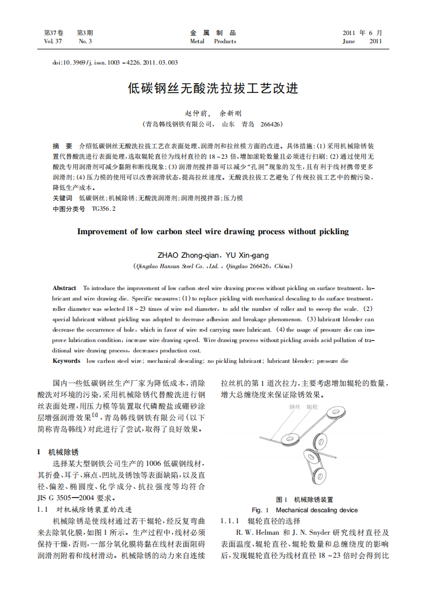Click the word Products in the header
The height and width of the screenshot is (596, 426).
pos(225,42)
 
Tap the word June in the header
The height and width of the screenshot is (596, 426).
pos(349,42)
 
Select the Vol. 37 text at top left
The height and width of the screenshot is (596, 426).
pos(53,42)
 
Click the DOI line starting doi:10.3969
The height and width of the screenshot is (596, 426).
pos(115,62)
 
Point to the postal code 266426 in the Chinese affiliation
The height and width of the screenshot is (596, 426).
pos(271,125)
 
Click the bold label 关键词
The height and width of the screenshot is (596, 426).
pos(62,198)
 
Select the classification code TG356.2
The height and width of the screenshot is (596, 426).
pos(104,209)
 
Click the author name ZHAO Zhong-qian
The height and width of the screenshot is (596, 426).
pos(186,255)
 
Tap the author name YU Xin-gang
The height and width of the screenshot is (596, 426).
pos(247,255)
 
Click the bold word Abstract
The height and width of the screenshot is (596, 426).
pos(64,288)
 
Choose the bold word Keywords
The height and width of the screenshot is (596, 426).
pos(66,361)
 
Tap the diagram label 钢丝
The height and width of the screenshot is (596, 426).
pos(295,408)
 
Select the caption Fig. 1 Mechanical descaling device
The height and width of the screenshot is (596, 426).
pos(304,510)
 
